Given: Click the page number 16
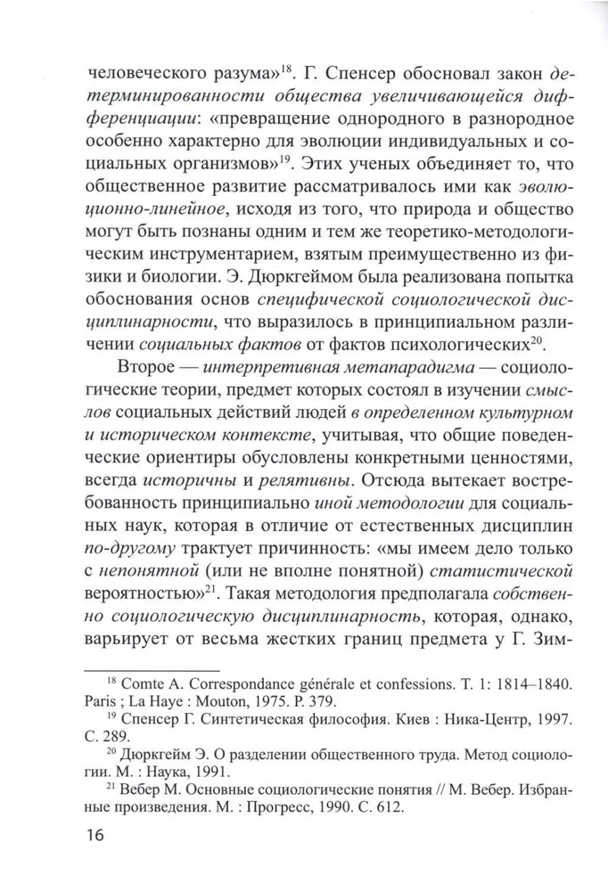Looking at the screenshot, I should pyautogui.click(x=93, y=836).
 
